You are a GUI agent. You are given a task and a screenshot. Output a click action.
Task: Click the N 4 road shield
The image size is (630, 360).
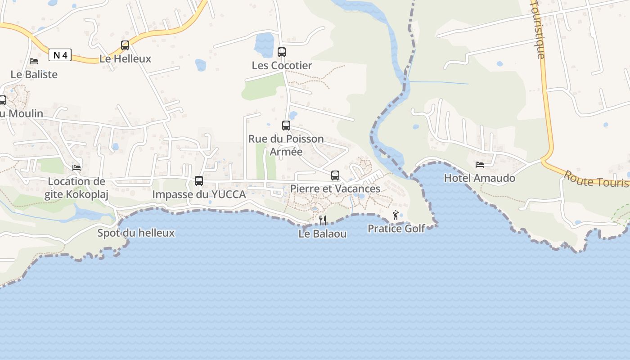(60, 55)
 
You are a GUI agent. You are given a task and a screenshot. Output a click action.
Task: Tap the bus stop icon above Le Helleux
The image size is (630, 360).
(125, 45)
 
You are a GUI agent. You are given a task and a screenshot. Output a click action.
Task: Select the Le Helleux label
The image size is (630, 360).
(125, 58)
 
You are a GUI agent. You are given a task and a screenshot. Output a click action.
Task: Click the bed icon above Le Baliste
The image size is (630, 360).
(34, 61)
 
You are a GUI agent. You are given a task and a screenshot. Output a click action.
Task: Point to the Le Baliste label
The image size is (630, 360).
(34, 74)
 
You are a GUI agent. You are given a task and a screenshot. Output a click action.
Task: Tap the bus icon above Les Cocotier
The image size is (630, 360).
(282, 52)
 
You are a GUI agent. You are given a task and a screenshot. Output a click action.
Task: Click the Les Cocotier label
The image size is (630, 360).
(282, 66)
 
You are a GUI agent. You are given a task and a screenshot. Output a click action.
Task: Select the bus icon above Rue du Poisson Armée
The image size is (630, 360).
(286, 126)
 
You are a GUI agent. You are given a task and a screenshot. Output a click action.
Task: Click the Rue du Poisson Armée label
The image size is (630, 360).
(286, 145)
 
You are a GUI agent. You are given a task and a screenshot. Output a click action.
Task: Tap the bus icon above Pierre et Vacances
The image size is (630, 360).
(335, 175)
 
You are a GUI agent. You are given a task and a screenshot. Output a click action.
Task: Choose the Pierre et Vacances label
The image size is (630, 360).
(335, 189)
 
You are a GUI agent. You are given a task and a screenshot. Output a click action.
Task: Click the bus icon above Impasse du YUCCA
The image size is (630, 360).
(199, 181)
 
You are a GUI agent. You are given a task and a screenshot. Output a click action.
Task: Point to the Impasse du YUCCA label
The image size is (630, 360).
(199, 194)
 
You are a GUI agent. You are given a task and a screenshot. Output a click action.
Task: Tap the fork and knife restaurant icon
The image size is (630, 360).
(323, 220)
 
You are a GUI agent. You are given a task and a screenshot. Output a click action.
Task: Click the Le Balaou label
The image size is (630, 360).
(323, 234)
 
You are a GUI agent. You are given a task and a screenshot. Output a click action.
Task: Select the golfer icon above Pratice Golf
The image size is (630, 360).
(396, 216)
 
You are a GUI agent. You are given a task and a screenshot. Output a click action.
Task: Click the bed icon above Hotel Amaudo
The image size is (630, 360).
(480, 165)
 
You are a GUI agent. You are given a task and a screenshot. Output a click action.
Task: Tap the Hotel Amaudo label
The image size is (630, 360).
(480, 178)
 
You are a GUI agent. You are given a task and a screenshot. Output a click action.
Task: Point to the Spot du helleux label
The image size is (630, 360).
(136, 233)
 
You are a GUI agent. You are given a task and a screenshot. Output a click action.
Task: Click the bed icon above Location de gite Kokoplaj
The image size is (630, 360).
(76, 168)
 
